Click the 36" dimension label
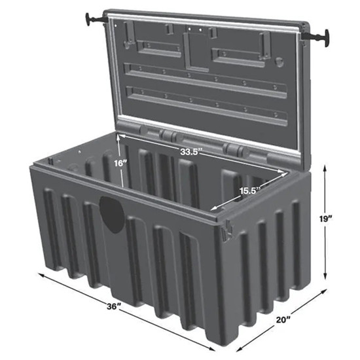[114, 306]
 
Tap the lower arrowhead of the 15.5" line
[212, 209]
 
